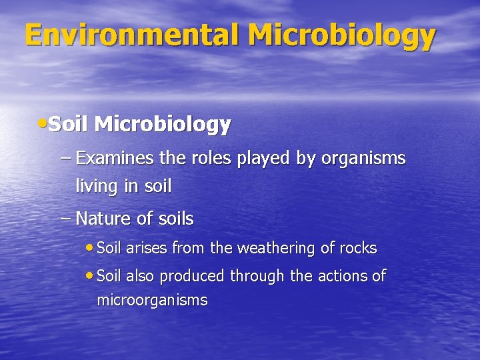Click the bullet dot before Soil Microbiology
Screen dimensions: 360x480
tap(43, 123)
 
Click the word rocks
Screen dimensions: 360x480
tap(358, 249)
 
